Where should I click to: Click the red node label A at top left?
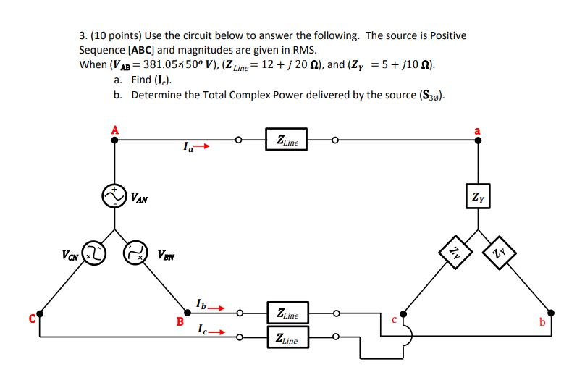tap(113, 130)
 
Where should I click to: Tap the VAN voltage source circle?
tap(114, 195)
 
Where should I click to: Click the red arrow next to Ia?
tap(204, 148)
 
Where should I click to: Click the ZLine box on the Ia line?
tap(287, 140)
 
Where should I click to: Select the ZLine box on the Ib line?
tap(287, 314)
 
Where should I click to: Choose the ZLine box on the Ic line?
tap(287, 338)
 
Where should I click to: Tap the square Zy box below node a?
tap(477, 196)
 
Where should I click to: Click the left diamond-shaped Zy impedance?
tap(454, 254)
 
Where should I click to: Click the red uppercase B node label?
tap(180, 322)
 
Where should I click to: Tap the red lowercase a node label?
tap(476, 130)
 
